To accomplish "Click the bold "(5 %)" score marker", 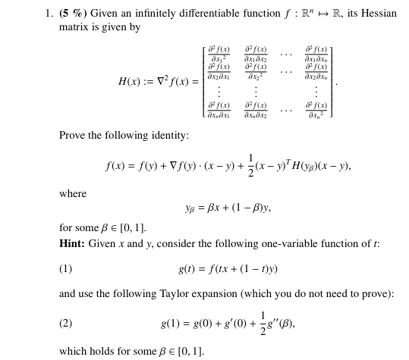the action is (x=73, y=14).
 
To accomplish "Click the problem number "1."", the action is (x=49, y=14).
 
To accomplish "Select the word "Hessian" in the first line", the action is (x=379, y=14).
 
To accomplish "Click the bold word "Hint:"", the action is (x=72, y=244).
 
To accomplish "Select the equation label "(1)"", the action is (x=66, y=269).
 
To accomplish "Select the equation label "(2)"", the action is (x=66, y=324).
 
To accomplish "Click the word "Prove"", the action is (x=74, y=136).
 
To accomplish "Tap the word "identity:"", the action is (x=168, y=136).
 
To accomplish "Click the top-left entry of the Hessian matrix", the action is (x=219, y=54).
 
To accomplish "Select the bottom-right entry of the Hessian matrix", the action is (x=316, y=111).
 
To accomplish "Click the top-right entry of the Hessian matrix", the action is (x=316, y=54).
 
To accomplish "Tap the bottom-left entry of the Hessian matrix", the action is (x=219, y=111).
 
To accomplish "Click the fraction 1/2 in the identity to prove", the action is (x=251, y=166).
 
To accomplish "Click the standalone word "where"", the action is (x=73, y=195).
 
